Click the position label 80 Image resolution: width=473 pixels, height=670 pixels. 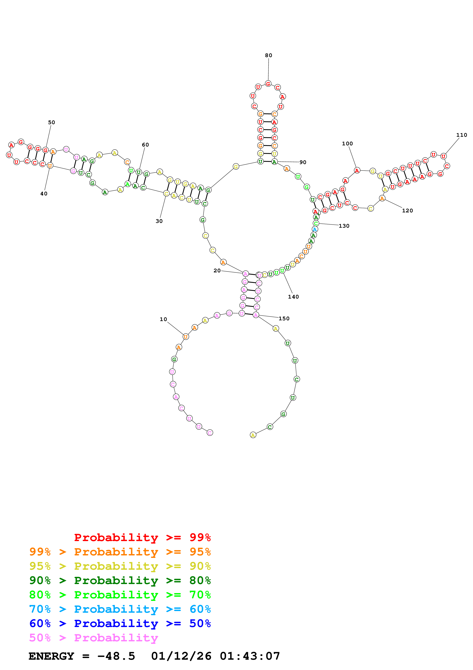click(x=268, y=55)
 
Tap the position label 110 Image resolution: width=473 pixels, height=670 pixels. click(x=461, y=135)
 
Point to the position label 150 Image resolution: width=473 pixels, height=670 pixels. click(x=284, y=319)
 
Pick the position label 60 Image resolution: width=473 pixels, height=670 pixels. click(x=145, y=145)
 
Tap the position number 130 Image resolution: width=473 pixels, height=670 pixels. click(x=344, y=226)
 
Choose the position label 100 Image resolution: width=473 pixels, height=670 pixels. click(x=347, y=144)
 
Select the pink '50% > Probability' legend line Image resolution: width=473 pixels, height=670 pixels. click(x=93, y=638)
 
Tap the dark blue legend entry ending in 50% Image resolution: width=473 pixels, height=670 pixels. click(x=120, y=623)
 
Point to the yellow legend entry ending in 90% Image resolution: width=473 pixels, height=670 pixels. click(x=120, y=566)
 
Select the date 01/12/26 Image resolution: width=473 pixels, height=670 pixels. click(x=181, y=656)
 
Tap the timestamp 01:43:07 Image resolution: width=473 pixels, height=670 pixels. click(x=250, y=656)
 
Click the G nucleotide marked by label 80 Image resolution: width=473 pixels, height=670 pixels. click(x=268, y=84)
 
